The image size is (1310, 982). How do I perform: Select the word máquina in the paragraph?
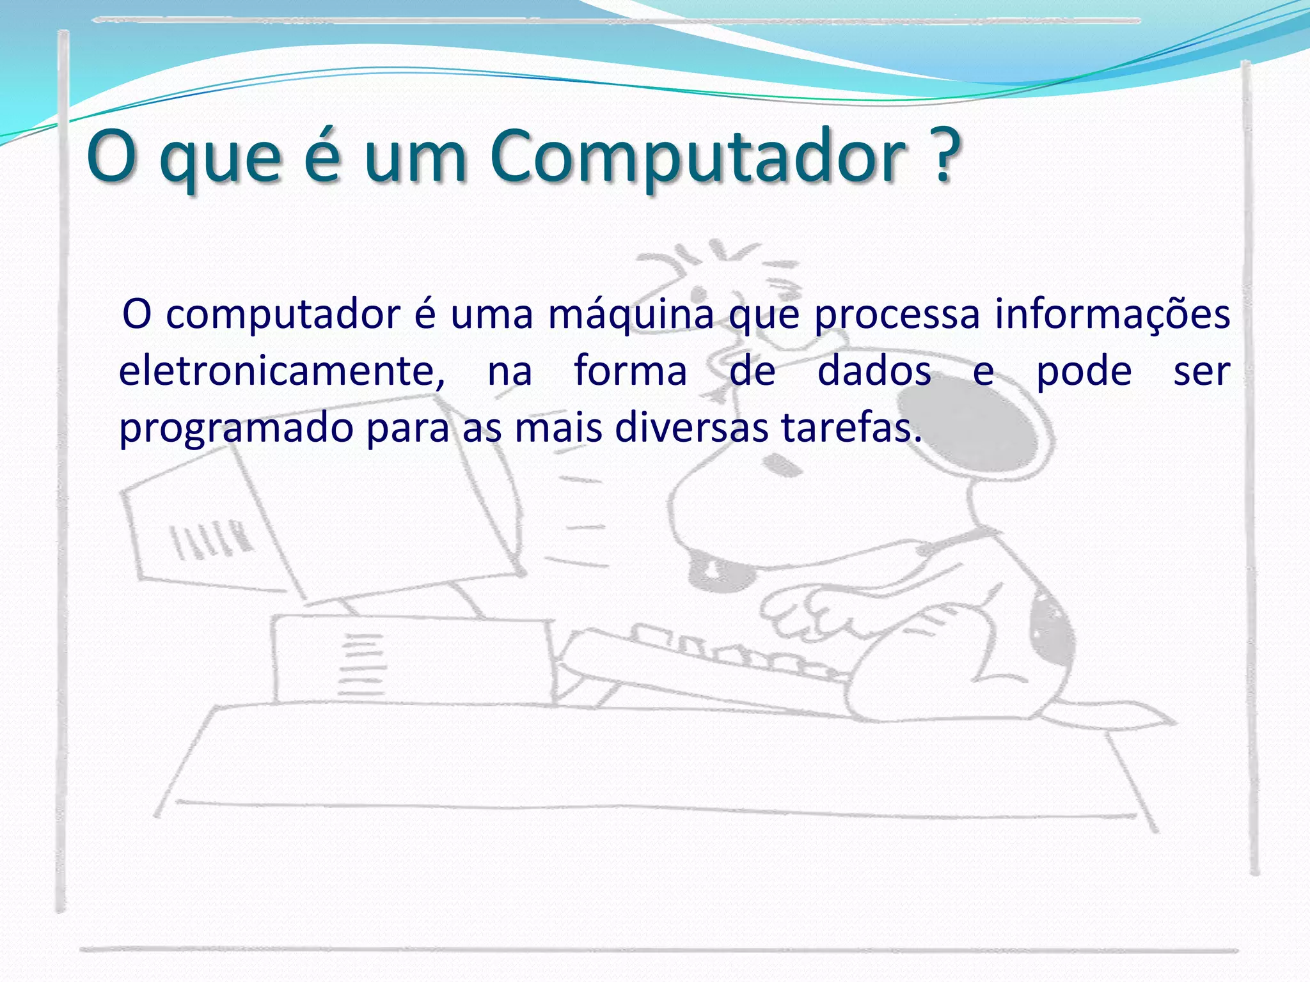tap(631, 316)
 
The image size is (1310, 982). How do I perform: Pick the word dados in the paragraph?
tap(874, 371)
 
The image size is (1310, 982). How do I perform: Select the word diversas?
tap(691, 428)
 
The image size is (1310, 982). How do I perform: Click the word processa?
tap(897, 316)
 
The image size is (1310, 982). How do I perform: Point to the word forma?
tap(630, 371)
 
